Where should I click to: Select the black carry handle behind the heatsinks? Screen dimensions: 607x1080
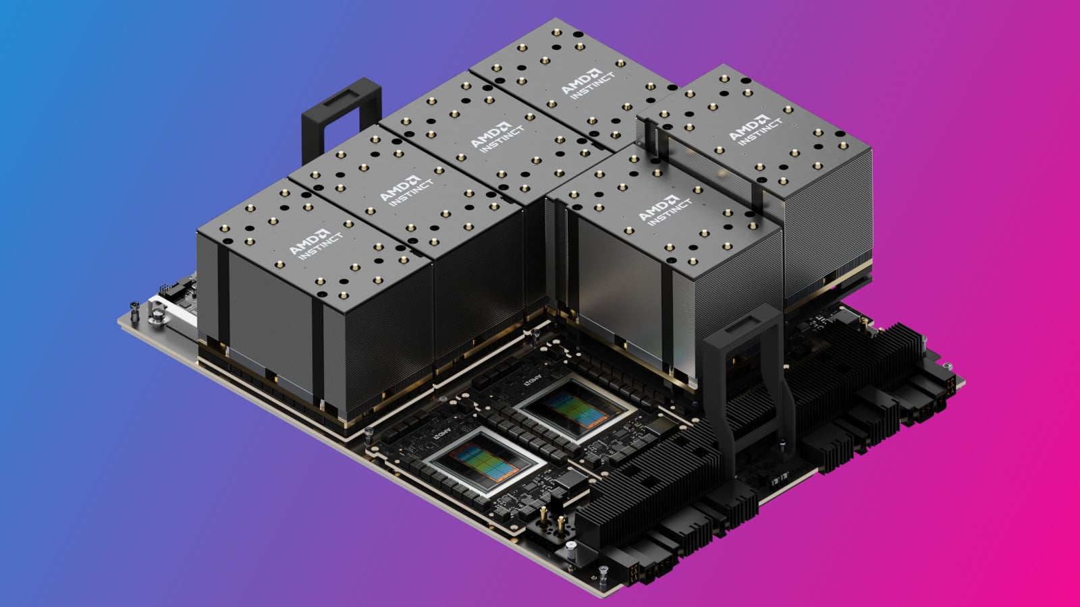point(341,115)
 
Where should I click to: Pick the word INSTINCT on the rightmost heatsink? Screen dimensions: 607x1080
point(760,132)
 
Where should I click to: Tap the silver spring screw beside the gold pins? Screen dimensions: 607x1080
point(571,548)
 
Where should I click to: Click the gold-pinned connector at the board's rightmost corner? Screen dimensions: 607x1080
point(948,384)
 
